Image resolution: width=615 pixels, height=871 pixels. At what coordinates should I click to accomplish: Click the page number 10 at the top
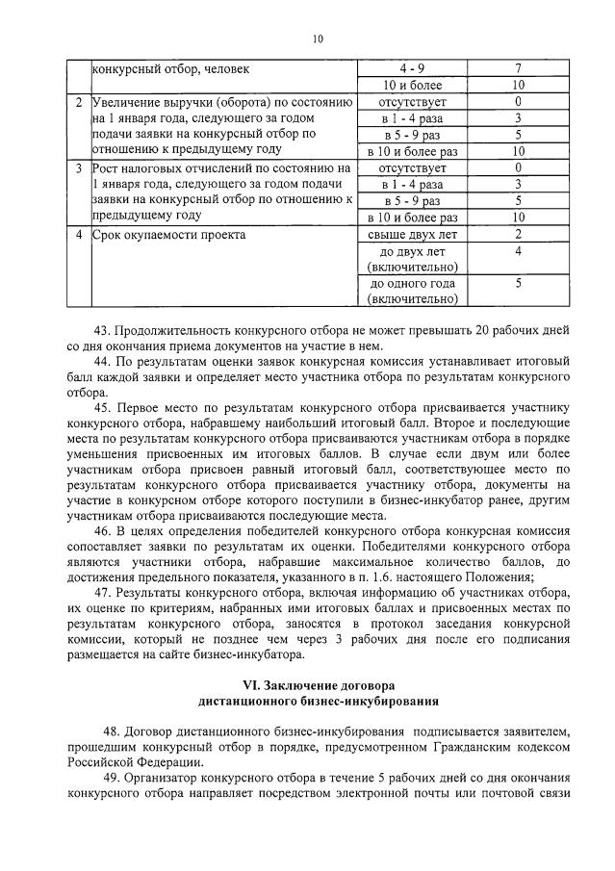(318, 39)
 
